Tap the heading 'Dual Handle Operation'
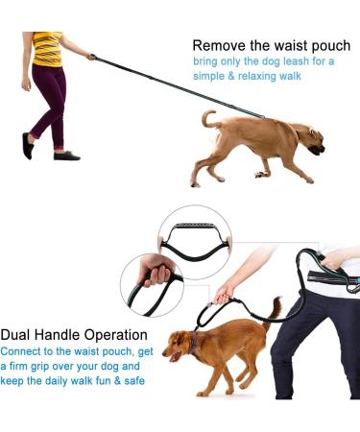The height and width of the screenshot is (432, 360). click(x=74, y=335)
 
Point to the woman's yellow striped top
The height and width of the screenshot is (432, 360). click(x=47, y=49)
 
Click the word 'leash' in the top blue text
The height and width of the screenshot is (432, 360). click(x=292, y=60)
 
